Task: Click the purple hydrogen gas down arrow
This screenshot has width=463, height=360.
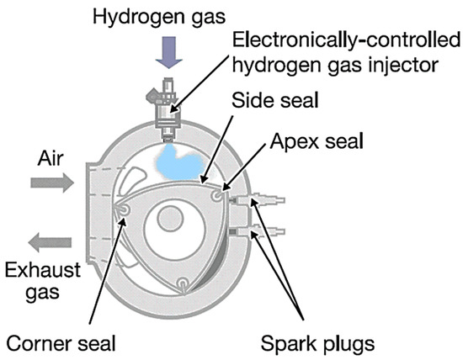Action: pyautogui.click(x=166, y=53)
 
